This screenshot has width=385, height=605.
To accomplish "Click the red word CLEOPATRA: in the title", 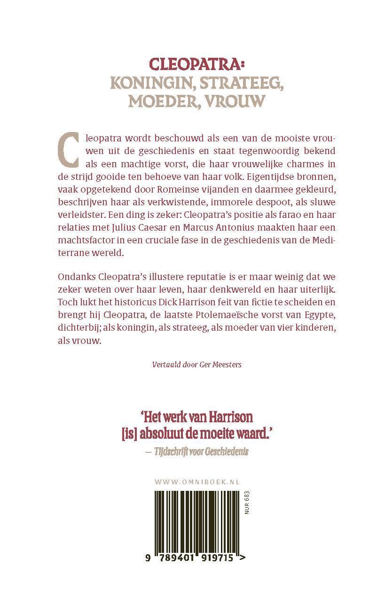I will click(x=192, y=65).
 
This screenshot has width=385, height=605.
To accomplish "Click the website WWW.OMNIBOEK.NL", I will click(x=197, y=481).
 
